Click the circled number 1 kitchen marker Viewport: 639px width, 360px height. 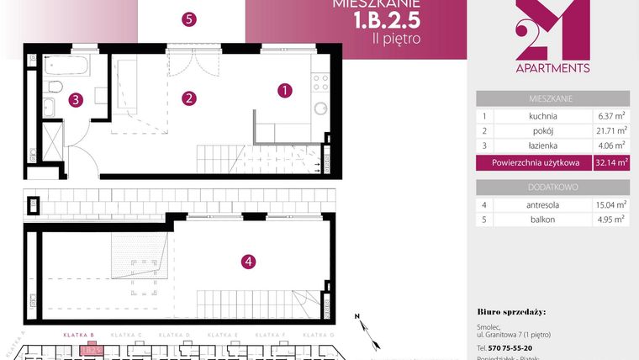[285, 88]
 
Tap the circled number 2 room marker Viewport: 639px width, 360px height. [190, 98]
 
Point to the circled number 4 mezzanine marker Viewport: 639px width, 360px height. [248, 262]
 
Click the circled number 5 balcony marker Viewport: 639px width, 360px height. [189, 19]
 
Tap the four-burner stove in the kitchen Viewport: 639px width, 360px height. [320, 82]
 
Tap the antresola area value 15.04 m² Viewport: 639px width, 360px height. [610, 205]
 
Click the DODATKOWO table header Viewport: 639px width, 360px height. [552, 187]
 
